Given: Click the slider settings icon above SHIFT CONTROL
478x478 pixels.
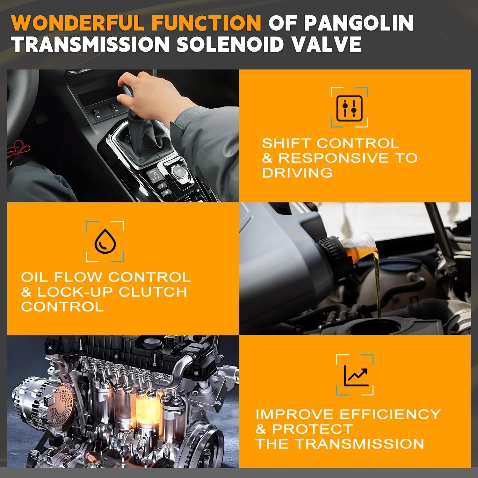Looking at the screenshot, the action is [349, 107].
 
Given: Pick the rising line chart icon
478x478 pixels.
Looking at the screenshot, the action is [356, 375].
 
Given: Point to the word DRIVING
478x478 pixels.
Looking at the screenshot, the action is [297, 173].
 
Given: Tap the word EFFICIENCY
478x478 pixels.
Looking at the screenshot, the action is [390, 414].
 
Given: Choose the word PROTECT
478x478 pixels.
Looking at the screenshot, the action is [312, 429].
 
